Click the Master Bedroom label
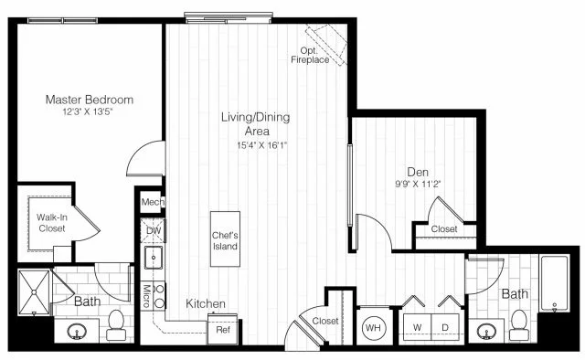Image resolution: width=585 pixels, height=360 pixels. point(91,99)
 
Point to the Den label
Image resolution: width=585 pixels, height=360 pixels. point(419,170)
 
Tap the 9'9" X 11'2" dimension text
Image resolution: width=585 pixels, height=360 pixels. point(419,182)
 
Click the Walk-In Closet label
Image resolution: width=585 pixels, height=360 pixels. point(50,222)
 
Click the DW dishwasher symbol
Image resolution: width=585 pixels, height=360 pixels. point(153,231)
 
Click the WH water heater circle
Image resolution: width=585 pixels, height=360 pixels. point(374,326)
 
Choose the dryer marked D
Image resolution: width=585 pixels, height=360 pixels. point(447,326)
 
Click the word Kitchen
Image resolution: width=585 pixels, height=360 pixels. point(206,303)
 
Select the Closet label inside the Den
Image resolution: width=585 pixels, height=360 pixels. point(444,229)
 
